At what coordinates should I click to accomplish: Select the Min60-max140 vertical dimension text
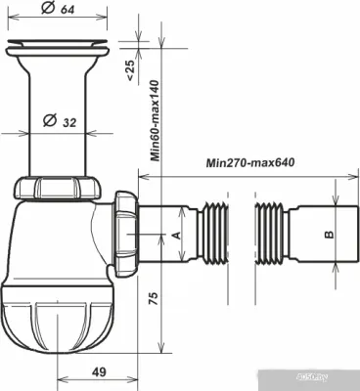tap(155, 120)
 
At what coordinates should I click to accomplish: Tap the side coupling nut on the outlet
tap(124, 234)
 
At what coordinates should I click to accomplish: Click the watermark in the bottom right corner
tap(337, 384)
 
